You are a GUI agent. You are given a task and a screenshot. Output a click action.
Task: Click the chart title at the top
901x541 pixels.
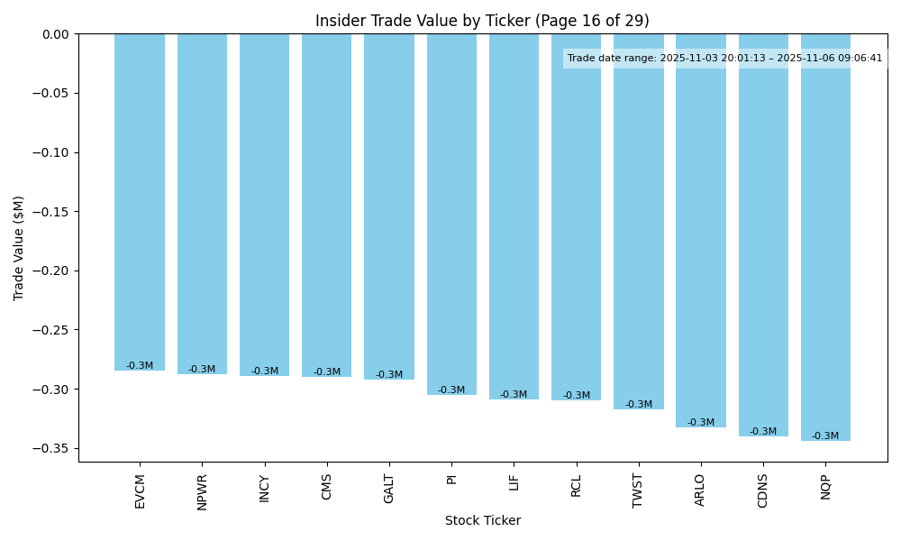pyautogui.click(x=482, y=21)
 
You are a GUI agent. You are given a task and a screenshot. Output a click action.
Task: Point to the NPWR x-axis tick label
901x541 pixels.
pyautogui.click(x=203, y=491)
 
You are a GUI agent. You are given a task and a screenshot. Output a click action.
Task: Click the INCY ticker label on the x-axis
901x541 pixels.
pyautogui.click(x=265, y=488)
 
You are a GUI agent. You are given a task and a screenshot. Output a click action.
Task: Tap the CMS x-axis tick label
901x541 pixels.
pyautogui.click(x=327, y=487)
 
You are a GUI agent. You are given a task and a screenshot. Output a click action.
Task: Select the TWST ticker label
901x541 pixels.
pyautogui.click(x=639, y=490)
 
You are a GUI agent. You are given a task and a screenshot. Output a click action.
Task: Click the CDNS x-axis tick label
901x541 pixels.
pyautogui.click(x=763, y=491)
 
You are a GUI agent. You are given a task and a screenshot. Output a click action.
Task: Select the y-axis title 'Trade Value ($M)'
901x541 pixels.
pyautogui.click(x=19, y=248)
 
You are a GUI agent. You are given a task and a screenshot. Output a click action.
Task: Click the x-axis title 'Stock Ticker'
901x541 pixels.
pyautogui.click(x=482, y=520)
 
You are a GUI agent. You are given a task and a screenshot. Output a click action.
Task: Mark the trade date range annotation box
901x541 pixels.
pyautogui.click(x=724, y=59)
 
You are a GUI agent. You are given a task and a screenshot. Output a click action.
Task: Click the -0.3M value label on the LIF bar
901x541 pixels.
pyautogui.click(x=514, y=395)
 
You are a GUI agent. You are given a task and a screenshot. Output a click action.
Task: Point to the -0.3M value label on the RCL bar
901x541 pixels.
pyautogui.click(x=577, y=396)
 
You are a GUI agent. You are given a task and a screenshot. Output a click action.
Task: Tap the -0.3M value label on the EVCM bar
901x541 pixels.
pyautogui.click(x=140, y=366)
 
